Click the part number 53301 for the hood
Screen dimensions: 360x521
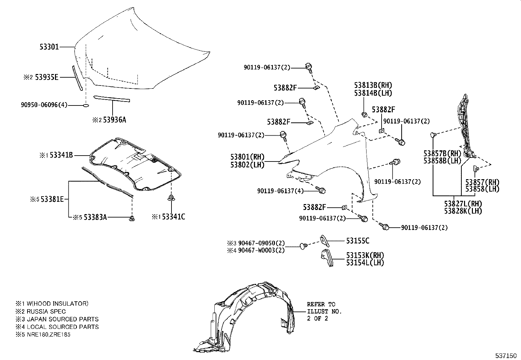pyautogui.click(x=49, y=47)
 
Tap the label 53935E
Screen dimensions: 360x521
pyautogui.click(x=47, y=77)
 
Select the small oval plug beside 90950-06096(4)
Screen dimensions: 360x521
pyautogui.click(x=85, y=105)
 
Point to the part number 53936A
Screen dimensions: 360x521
pyautogui.click(x=115, y=120)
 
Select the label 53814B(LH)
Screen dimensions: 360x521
pyautogui.click(x=373, y=93)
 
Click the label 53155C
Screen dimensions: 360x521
pyautogui.click(x=358, y=241)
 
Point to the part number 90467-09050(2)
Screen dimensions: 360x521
pyautogui.click(x=261, y=243)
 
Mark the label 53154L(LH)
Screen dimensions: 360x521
pyautogui.click(x=365, y=263)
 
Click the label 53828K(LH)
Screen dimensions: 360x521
pyautogui.click(x=463, y=211)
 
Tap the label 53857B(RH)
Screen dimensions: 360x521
pyautogui.click(x=442, y=154)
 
